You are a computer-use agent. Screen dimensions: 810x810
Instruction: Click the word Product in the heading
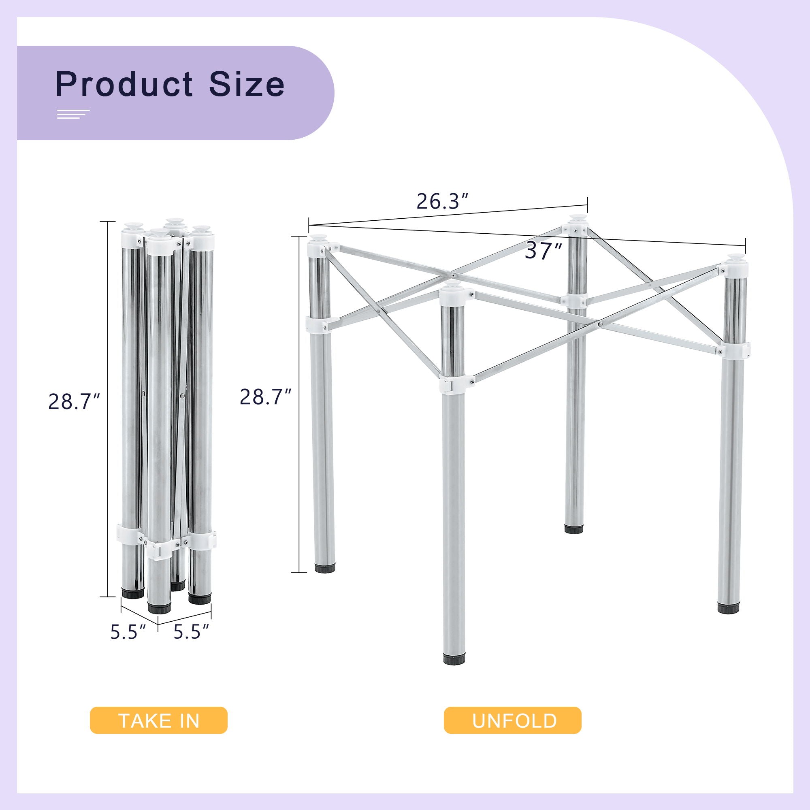click(124, 85)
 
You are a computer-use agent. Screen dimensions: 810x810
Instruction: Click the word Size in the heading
click(247, 84)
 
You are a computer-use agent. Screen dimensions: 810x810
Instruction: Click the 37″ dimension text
click(544, 251)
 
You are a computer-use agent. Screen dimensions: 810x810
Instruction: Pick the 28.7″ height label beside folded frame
click(74, 401)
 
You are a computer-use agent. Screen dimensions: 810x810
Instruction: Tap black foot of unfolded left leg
click(325, 567)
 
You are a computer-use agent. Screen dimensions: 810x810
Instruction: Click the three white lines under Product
click(73, 114)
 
